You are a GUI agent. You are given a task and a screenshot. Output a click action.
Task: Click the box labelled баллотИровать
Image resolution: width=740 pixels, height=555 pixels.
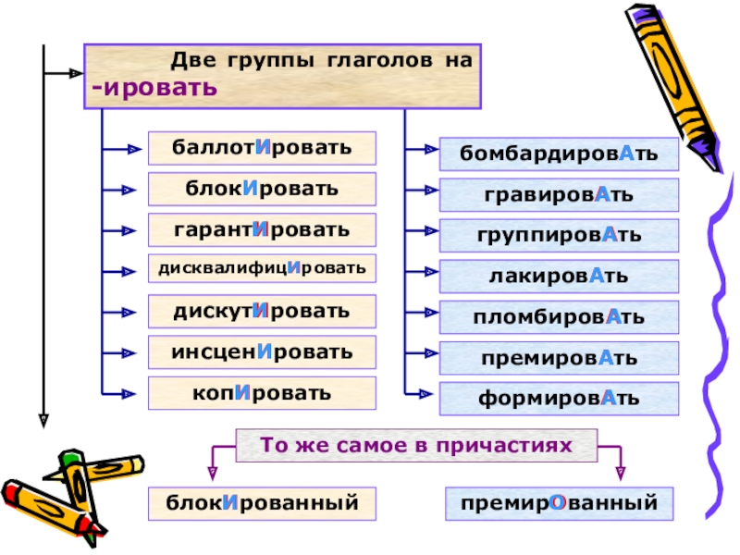262,148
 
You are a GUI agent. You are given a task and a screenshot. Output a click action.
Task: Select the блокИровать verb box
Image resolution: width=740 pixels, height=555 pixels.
262,190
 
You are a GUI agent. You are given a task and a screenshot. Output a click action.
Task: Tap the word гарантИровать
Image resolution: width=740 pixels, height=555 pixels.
262,230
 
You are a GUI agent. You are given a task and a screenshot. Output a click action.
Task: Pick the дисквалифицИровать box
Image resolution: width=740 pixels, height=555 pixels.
262,268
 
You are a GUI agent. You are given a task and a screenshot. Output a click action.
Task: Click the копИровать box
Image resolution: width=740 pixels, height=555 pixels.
262,393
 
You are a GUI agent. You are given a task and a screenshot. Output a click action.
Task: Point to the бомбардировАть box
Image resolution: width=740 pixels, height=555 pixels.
559,154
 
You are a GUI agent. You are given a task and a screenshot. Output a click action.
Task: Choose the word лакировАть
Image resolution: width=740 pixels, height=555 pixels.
559,276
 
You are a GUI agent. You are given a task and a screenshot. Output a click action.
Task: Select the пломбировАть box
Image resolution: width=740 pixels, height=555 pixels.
559,317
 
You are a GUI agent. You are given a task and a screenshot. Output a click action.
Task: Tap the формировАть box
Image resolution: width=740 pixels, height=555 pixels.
559,399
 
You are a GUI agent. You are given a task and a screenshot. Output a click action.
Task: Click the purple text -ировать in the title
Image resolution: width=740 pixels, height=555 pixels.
154,88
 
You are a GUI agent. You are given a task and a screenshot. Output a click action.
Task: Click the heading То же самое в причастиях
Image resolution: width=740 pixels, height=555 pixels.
416,446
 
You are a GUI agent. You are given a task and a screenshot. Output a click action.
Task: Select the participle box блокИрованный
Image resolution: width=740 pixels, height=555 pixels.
262,504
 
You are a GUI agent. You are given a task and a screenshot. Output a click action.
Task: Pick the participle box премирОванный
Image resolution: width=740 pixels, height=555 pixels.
559,504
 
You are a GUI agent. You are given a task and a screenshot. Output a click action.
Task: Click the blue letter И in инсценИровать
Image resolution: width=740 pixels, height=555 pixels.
265,351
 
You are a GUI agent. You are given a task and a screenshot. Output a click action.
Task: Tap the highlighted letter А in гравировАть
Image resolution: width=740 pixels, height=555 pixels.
603,194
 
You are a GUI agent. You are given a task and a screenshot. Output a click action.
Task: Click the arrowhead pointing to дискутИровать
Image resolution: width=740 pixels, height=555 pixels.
129,313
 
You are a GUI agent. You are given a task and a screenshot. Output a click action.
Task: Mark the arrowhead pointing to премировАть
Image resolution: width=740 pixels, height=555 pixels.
430,353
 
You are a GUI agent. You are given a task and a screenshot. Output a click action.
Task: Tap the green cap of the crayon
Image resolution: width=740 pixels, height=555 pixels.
71,457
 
